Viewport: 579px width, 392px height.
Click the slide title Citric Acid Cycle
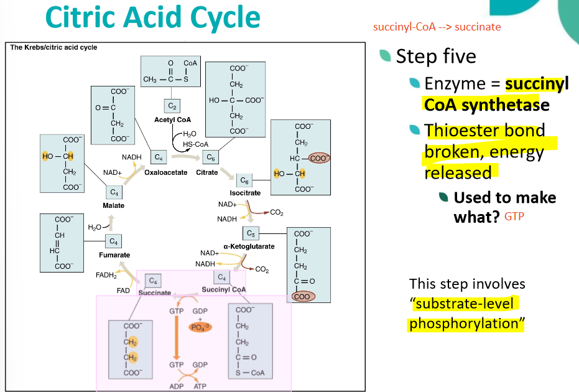pos(152,19)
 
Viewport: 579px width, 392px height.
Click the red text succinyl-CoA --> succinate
pos(437,27)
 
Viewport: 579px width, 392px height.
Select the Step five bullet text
pos(436,56)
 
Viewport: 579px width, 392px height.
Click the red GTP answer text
pos(514,217)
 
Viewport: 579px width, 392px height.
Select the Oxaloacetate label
pos(165,172)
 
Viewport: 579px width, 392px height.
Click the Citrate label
pos(207,172)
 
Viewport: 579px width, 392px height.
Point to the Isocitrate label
pos(245,193)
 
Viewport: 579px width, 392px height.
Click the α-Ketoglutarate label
pos(249,246)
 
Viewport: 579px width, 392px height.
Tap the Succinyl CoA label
pos(224,289)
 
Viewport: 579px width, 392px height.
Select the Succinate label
pos(154,292)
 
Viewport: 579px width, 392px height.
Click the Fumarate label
pos(114,255)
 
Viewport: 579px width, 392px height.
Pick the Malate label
pos(114,205)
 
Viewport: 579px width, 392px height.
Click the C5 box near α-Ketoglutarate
pos(251,233)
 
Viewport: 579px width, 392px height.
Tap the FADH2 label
pos(106,275)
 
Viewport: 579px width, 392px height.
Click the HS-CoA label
pos(195,144)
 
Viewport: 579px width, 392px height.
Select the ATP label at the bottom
pos(200,386)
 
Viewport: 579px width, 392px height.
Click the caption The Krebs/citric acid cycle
pos(54,47)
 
